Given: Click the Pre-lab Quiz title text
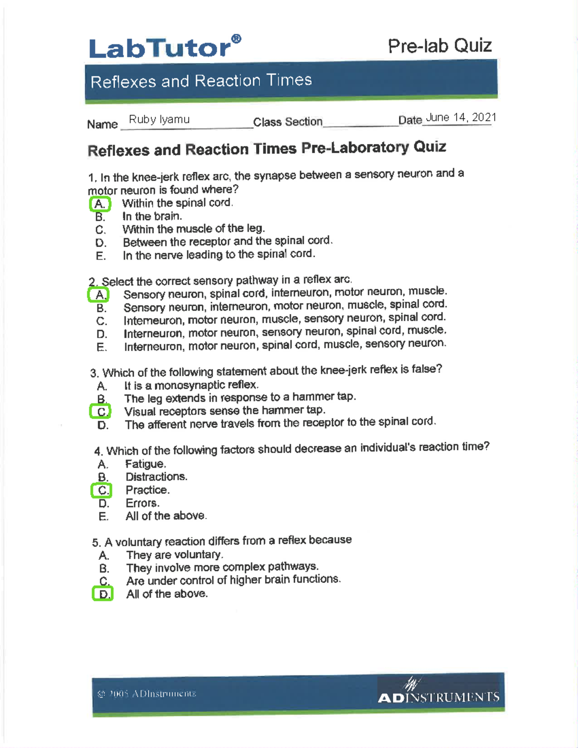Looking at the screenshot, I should click(x=439, y=46).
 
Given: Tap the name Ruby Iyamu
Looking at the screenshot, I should click(x=159, y=119).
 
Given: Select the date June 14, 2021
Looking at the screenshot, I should click(x=460, y=118).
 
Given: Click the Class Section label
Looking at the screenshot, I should click(x=288, y=122).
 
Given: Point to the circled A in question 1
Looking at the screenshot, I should click(x=100, y=204).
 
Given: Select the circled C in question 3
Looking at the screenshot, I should click(x=101, y=412).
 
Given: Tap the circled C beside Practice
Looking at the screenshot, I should click(x=102, y=490).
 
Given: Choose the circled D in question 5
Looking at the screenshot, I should click(x=103, y=594).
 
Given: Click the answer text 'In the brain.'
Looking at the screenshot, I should click(x=152, y=216).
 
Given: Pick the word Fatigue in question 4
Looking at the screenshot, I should click(x=145, y=464).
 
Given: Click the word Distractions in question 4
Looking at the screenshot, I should click(x=156, y=477).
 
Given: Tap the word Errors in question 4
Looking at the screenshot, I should click(x=142, y=503).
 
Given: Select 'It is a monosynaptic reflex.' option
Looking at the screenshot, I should click(x=191, y=385).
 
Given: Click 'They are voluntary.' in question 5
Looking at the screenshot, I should click(x=174, y=555).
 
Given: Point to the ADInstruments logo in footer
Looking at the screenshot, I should click(x=438, y=693).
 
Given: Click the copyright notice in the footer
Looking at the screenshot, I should click(x=146, y=694).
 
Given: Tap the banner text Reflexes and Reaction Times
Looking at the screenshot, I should click(x=201, y=81).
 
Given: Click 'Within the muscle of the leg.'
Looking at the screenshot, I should click(x=193, y=229).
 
